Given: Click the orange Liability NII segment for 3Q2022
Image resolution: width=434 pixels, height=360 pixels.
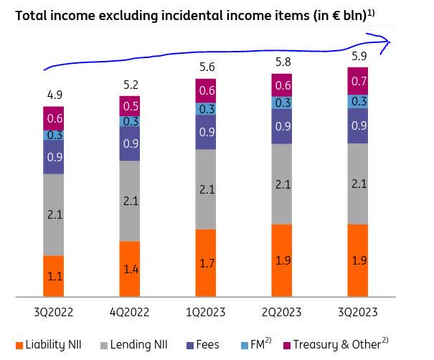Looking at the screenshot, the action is [x=53, y=276].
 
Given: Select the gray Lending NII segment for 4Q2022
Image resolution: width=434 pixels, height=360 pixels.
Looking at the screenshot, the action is [x=130, y=201].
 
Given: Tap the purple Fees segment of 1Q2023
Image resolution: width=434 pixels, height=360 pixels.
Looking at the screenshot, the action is [x=206, y=132].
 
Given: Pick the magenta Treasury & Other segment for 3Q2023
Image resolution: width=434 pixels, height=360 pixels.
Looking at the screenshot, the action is [x=358, y=81].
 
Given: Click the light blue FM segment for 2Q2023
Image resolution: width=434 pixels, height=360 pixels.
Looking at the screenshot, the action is [x=282, y=103].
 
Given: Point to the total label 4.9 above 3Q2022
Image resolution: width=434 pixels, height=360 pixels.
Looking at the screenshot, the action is [x=55, y=95].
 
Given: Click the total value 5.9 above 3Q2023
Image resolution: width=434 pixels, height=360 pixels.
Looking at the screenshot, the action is [x=359, y=56].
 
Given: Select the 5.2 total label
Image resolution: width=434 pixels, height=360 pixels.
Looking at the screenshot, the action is [x=131, y=85].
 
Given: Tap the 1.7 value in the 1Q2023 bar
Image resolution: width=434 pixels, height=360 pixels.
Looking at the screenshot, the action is [x=207, y=263].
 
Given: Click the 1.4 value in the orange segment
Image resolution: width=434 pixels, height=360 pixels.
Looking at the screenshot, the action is [x=131, y=269].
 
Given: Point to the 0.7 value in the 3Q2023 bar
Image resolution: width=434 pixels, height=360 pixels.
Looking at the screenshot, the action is [x=359, y=81].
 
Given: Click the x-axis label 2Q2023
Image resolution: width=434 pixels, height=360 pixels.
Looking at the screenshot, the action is [x=281, y=313].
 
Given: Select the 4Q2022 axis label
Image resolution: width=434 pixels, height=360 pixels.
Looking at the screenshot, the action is [x=129, y=313].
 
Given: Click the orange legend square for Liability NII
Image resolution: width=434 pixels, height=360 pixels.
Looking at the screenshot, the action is [x=19, y=346].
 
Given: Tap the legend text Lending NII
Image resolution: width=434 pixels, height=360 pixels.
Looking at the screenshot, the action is [x=138, y=345].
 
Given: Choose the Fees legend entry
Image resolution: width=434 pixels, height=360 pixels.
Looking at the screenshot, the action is [x=203, y=345].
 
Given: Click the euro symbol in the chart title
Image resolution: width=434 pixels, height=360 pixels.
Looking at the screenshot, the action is [x=336, y=16].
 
